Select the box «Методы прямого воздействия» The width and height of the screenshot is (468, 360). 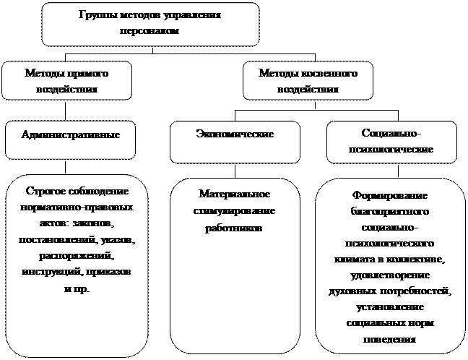coord(66,80)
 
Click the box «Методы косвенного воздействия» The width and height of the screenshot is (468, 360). coord(307,80)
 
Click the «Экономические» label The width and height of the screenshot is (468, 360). coord(235,134)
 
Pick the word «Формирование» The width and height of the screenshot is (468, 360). coord(389,197)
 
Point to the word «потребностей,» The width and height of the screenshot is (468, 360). coord(414,291)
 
